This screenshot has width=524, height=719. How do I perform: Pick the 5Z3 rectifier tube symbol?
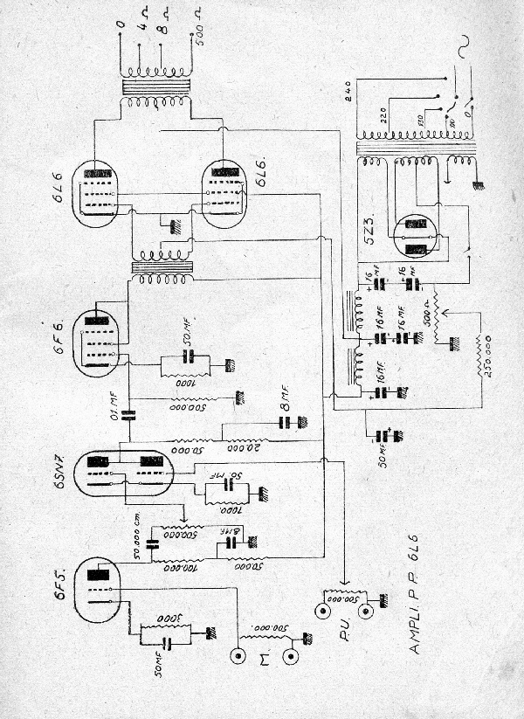(x=416, y=236)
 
